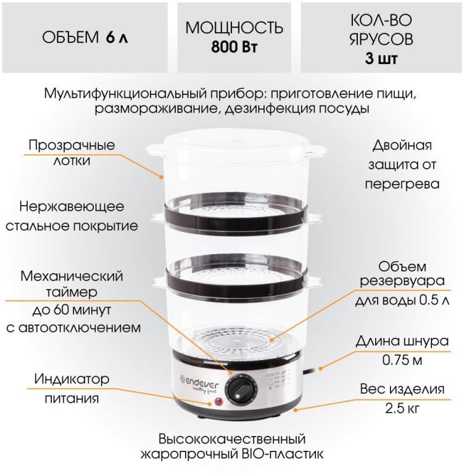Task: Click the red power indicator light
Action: coord(218,402)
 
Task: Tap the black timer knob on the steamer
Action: coord(242,389)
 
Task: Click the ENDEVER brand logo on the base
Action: coord(199,382)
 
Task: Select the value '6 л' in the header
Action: coord(117,38)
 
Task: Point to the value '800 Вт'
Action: coord(234,47)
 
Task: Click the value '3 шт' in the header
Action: coord(381,58)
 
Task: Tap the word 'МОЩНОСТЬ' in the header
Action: coord(234,28)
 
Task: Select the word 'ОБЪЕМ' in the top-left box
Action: coord(70,38)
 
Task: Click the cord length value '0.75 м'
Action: coord(402,360)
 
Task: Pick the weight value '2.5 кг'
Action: coord(402,408)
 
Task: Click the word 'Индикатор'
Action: coord(72,379)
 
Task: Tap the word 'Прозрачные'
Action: coord(72,146)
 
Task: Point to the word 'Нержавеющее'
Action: coord(72,207)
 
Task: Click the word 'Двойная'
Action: coord(402,146)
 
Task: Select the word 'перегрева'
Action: coord(402,184)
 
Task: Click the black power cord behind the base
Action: coord(309,372)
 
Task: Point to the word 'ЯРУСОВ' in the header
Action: coord(381,39)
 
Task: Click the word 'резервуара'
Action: coord(402,282)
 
